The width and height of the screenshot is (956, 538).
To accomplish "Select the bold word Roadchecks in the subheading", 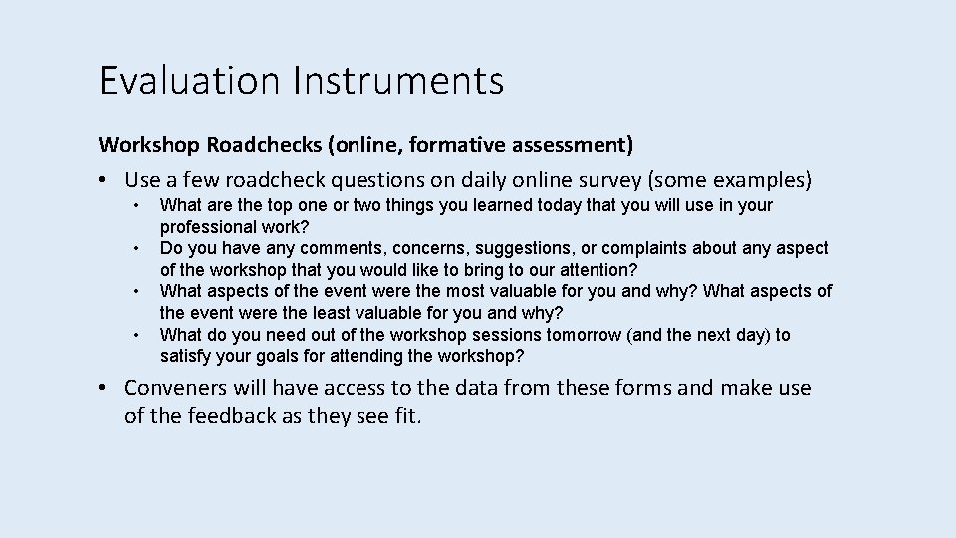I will pyautogui.click(x=264, y=145).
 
